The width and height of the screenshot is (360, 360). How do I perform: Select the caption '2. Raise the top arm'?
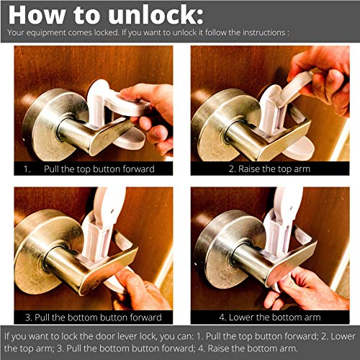(x=266, y=169)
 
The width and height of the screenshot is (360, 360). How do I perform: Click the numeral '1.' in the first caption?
(x=27, y=169)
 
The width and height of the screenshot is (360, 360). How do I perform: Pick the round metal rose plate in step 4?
(x=216, y=245)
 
